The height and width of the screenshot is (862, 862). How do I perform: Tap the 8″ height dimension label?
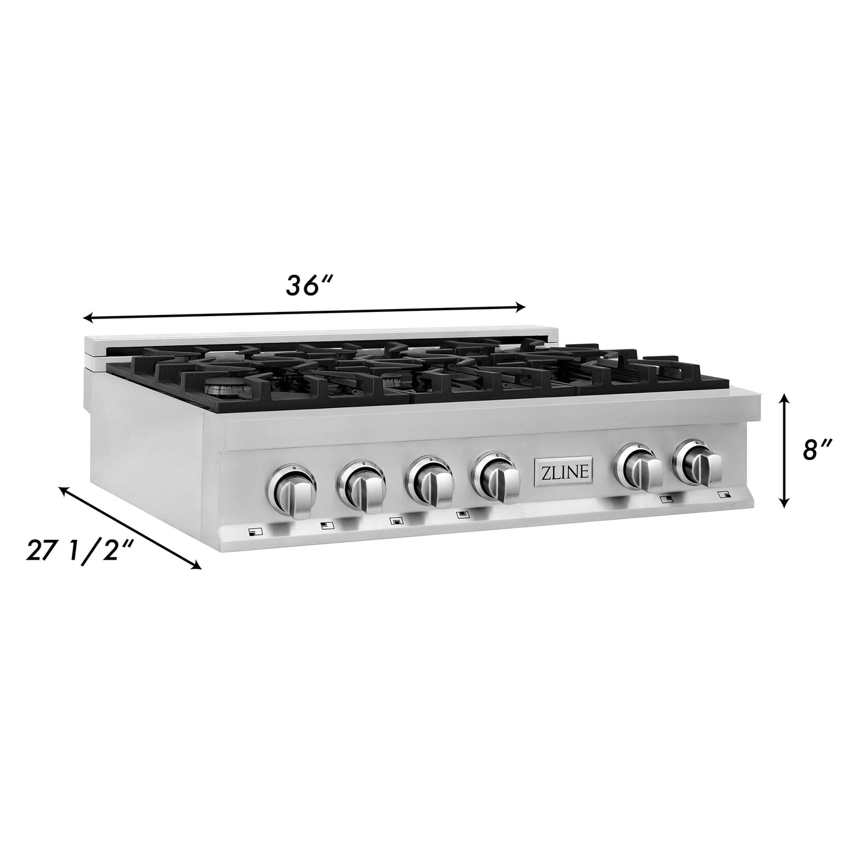coord(815,450)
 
